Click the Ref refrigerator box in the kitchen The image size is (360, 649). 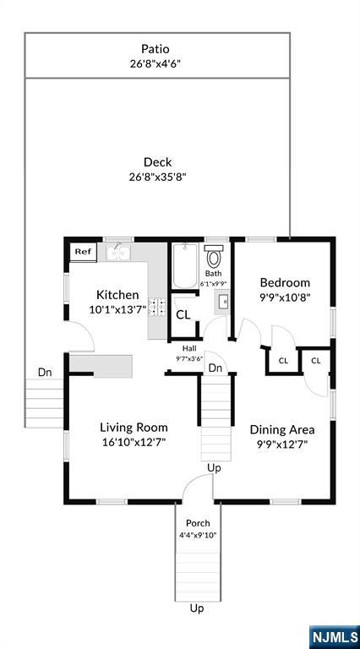click(x=83, y=252)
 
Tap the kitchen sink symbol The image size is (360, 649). click(x=118, y=253)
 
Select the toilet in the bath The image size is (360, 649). click(x=214, y=257)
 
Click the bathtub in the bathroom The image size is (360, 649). click(x=185, y=265)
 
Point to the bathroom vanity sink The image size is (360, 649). click(x=222, y=303)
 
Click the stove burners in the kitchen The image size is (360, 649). click(x=157, y=307)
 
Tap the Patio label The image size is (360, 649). click(x=155, y=49)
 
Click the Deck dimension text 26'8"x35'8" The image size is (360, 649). click(x=158, y=177)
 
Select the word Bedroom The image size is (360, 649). click(x=285, y=283)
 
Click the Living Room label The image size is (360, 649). click(x=134, y=428)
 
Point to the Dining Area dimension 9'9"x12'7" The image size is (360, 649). click(x=281, y=444)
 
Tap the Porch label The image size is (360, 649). click(x=198, y=523)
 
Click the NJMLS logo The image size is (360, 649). click(x=335, y=636)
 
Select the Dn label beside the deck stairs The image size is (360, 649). click(x=45, y=372)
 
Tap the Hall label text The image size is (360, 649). click(x=190, y=348)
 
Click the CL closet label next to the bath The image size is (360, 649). click(x=183, y=315)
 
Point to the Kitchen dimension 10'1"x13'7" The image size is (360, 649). click(x=118, y=309)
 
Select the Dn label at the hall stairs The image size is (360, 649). click(x=215, y=368)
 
